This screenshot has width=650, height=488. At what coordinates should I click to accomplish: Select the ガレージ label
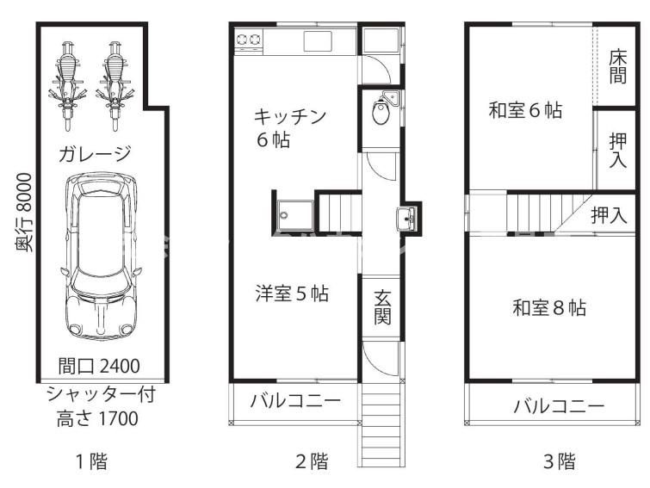[x=95, y=154]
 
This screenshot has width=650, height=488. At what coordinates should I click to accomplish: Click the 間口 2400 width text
[x=99, y=366]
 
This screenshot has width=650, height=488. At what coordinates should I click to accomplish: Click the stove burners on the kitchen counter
[x=249, y=39]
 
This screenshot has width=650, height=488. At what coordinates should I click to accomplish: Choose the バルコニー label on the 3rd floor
[x=559, y=405]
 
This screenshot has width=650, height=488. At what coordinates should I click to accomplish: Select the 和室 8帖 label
[x=549, y=306]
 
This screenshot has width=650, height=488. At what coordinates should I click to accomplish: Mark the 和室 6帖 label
[x=525, y=110]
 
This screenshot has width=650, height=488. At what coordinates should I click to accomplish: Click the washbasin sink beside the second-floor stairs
[x=407, y=219]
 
